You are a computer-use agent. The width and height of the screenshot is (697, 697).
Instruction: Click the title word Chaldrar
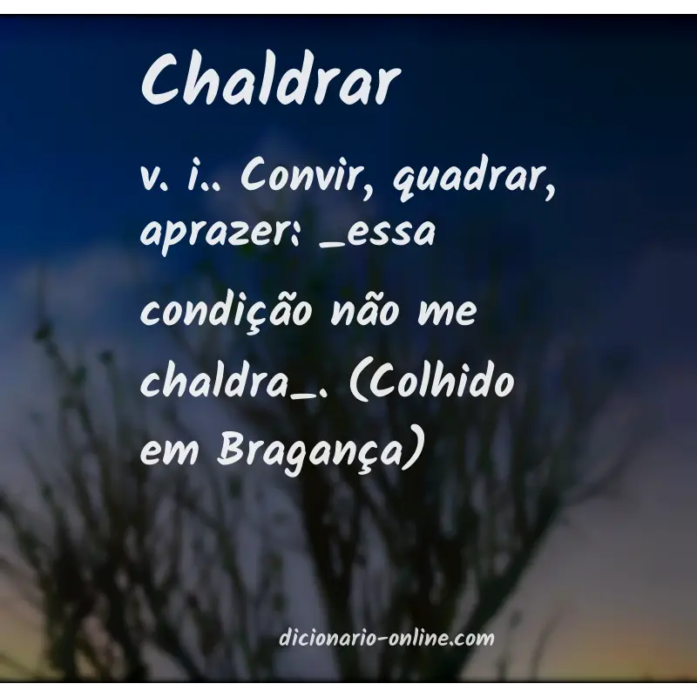(x=270, y=81)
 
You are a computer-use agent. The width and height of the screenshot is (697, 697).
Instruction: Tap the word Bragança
(x=308, y=452)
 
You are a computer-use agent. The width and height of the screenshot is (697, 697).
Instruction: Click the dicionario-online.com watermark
(x=387, y=639)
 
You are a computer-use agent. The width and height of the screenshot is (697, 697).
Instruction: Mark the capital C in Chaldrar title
(x=161, y=81)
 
